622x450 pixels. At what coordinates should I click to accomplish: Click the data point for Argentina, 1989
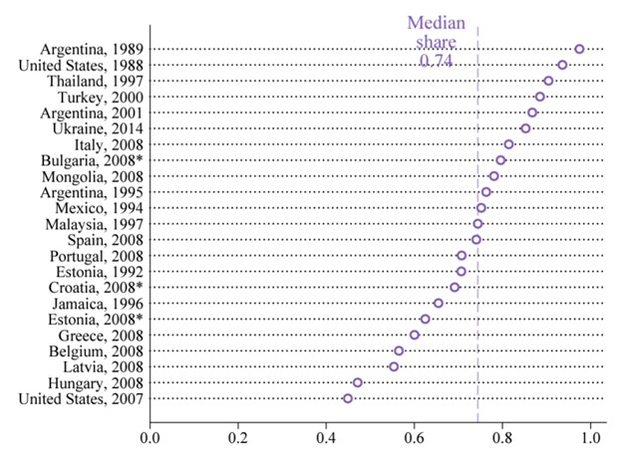[579, 49]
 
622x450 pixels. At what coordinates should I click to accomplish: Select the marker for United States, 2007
[348, 398]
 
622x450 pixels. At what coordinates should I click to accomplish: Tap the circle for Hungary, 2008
[358, 382]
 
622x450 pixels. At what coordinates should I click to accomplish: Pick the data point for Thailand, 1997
[548, 81]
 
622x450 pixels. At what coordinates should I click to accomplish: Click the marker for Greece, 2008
[415, 335]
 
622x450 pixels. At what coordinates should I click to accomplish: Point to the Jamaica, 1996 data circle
[439, 303]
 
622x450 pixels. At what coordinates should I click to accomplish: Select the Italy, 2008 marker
[508, 144]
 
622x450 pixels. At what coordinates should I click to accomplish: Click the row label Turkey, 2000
[101, 97]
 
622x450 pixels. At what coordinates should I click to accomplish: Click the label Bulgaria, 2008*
[92, 160]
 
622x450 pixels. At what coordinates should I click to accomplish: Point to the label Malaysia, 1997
[96, 224]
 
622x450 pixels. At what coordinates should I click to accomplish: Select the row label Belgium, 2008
[96, 350]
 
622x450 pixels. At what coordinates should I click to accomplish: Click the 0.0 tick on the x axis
[151, 436]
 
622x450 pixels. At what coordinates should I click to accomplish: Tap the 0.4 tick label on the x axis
[326, 436]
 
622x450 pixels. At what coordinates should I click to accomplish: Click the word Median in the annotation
[437, 23]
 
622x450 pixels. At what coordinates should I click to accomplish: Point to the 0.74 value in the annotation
[437, 60]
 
